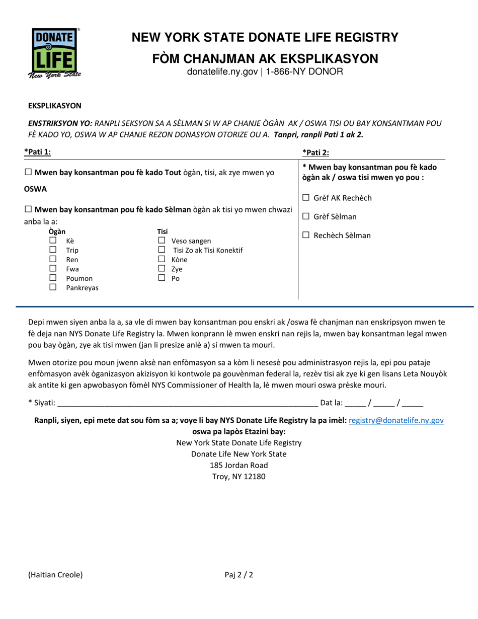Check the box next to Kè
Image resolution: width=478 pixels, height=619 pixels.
point(53,241)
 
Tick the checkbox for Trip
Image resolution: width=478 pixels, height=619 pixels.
point(53,250)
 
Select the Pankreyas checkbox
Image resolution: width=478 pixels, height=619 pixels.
point(53,287)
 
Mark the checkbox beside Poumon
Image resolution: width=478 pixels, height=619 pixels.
point(53,278)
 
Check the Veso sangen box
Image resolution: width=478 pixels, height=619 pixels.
point(162,241)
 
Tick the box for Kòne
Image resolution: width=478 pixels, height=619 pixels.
point(162,259)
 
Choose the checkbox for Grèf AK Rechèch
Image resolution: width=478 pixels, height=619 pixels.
point(306,198)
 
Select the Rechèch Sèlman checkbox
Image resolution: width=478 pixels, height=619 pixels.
point(306,236)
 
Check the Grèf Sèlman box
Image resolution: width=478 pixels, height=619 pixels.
point(306,217)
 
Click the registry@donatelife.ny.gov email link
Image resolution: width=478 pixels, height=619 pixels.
point(396,420)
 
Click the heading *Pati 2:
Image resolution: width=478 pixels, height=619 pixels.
point(315,152)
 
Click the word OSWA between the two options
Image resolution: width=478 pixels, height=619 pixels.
point(35,189)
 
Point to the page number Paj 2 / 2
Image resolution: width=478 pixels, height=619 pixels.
point(239,575)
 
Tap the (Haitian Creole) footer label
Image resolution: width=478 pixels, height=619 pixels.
point(55,575)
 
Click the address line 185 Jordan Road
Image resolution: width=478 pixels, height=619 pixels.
point(239,465)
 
